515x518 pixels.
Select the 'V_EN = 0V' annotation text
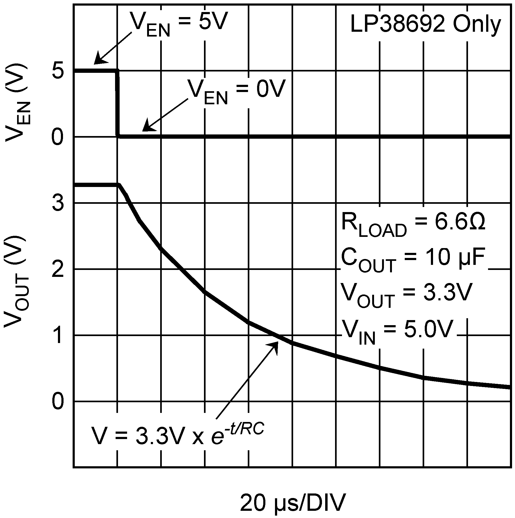[x=236, y=91]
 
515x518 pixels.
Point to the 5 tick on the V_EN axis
[x=58, y=71]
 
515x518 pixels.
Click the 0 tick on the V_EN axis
[x=58, y=137]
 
